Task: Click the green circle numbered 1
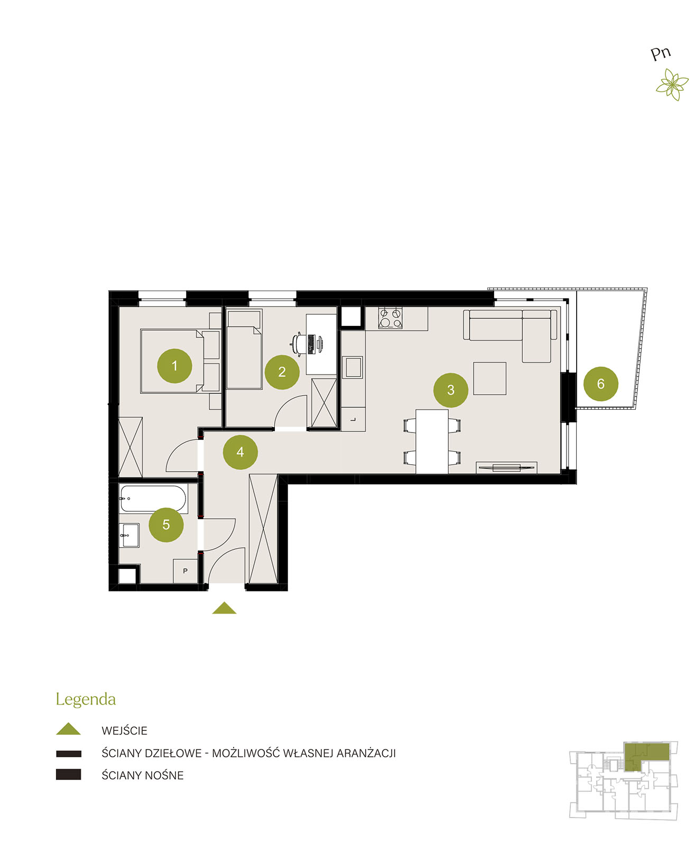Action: click(x=174, y=365)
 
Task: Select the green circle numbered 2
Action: click(x=282, y=371)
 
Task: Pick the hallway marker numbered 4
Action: click(x=240, y=452)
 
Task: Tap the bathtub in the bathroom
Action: click(x=153, y=498)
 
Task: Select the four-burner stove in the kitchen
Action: click(x=390, y=318)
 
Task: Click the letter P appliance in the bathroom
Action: click(x=185, y=570)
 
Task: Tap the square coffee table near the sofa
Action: click(x=489, y=378)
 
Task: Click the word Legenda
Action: click(x=86, y=699)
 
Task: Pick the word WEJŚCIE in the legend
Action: click(x=124, y=730)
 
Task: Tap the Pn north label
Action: click(x=661, y=53)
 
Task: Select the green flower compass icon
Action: click(x=672, y=84)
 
